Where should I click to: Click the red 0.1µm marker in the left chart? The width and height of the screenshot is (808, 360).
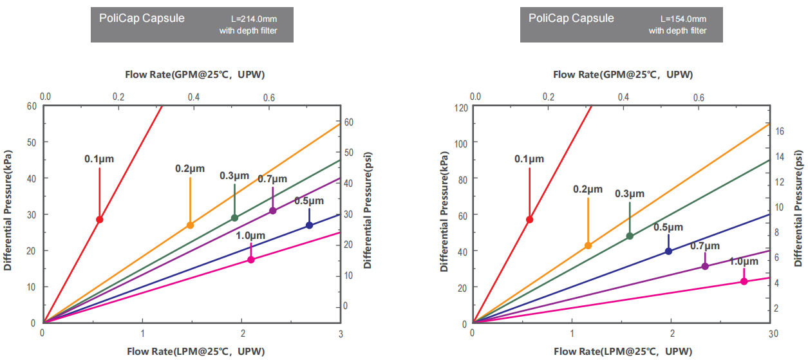(100, 220)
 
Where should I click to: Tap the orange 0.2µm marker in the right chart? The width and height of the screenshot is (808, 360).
(588, 245)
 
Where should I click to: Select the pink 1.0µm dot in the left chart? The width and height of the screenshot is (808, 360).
(251, 260)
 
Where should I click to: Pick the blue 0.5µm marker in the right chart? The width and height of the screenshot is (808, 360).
(668, 251)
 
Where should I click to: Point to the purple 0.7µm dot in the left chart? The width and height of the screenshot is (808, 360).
(273, 211)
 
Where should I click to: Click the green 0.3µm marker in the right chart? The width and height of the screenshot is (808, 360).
(630, 236)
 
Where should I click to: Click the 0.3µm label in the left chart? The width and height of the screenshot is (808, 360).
(234, 176)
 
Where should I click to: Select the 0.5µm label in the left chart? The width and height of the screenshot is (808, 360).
(309, 200)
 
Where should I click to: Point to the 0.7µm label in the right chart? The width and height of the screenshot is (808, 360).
(705, 245)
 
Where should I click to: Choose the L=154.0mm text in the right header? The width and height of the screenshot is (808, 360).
(684, 19)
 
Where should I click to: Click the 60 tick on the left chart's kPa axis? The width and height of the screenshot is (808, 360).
(32, 106)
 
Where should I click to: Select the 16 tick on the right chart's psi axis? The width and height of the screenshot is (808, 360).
(778, 131)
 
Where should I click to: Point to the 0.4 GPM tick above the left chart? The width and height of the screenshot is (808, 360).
(193, 97)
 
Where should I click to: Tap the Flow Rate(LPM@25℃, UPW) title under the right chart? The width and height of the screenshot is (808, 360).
(623, 352)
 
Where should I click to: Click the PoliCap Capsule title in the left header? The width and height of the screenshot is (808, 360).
(142, 18)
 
